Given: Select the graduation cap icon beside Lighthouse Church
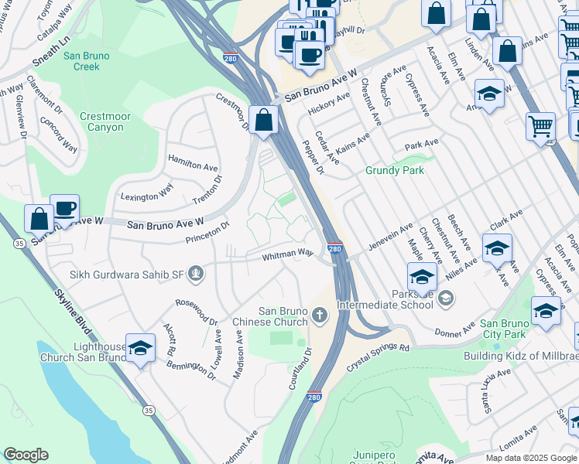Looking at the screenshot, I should tap(139, 349).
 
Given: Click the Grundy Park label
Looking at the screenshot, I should tap(395, 170).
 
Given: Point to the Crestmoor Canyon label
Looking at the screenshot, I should tap(101, 121).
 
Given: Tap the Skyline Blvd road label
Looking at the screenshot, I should tap(74, 315).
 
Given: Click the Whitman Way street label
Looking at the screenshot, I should tap(287, 253).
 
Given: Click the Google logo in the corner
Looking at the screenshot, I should tap(26, 455).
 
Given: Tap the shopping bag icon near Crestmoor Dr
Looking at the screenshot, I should tap(264, 121).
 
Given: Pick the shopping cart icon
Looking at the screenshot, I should tap(540, 126).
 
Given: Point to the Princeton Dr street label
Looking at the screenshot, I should tap(207, 233).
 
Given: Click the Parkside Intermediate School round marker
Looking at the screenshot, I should tap(446, 298).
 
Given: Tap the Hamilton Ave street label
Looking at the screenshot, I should tap(193, 165).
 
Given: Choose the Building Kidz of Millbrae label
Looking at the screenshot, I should tap(520, 356).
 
